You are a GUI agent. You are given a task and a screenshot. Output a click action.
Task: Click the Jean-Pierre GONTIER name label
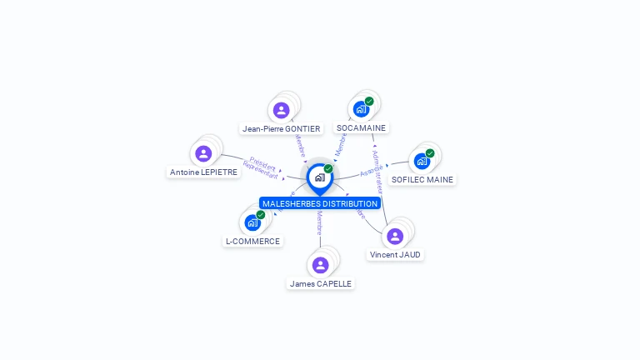(281, 129)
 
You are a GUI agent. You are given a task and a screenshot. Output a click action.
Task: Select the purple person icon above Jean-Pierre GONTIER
(282, 110)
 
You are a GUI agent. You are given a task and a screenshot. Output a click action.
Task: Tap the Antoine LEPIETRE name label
(203, 172)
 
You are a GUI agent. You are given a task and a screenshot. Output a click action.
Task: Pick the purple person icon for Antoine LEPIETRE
(203, 153)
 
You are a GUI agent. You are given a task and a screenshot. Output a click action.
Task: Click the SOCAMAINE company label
(361, 128)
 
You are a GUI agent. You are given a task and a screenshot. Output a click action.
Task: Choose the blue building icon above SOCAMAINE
(361, 109)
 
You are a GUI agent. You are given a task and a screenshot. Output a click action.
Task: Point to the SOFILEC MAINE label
(422, 179)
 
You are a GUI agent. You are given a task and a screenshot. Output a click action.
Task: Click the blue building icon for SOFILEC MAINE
(422, 161)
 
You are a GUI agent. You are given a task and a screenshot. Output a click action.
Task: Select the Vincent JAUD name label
(395, 254)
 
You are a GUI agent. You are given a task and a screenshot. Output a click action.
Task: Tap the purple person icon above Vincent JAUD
(395, 236)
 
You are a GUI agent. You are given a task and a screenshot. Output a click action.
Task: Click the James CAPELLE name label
(320, 283)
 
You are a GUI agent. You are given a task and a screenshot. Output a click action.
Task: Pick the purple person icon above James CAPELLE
(320, 265)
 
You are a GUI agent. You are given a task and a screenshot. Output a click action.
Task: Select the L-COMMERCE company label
(252, 241)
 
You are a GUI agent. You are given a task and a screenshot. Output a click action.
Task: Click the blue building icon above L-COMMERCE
(252, 222)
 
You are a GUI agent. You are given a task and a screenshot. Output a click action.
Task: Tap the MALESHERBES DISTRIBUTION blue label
(320, 203)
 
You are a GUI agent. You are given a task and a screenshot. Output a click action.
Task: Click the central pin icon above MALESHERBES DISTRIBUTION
(319, 177)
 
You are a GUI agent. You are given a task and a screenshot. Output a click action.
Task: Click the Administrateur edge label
(378, 172)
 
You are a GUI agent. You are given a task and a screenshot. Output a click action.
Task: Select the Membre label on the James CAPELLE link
(319, 224)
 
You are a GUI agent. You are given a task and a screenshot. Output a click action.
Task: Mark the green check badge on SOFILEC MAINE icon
(430, 152)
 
